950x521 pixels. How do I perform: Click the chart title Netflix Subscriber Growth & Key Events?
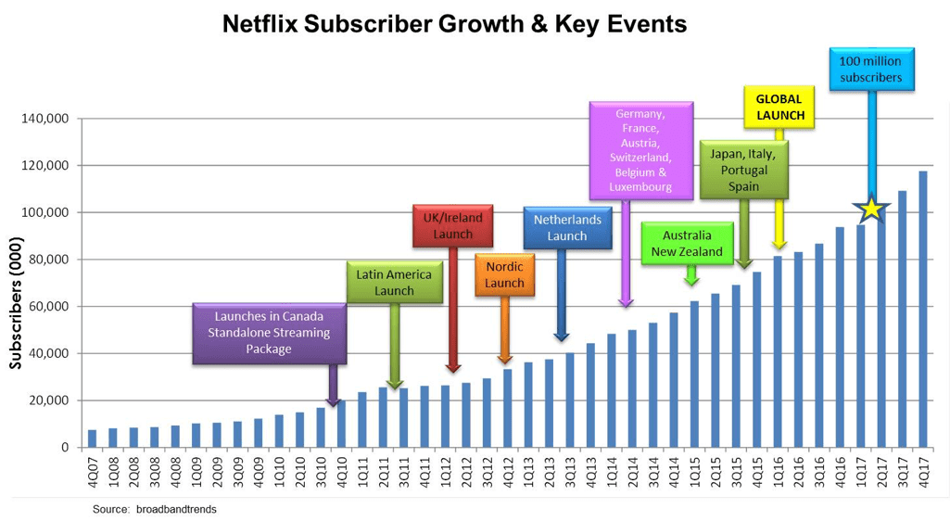(x=454, y=24)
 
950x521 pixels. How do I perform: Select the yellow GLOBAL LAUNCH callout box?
(x=779, y=107)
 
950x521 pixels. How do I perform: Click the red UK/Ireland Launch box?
(x=452, y=225)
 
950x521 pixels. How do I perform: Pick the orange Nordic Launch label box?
(x=504, y=274)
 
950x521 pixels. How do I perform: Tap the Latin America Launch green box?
(x=394, y=282)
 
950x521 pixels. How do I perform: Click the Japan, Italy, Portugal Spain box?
(x=743, y=170)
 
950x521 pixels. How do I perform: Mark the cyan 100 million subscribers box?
(x=869, y=70)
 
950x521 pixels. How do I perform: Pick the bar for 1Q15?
(x=694, y=374)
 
